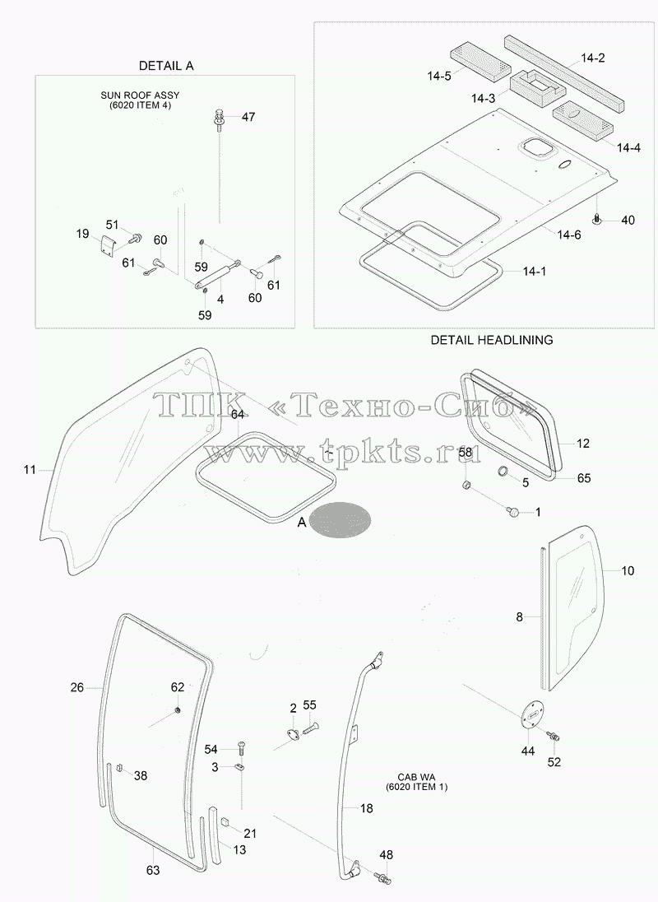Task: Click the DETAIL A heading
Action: (166, 66)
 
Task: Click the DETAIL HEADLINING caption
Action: (492, 340)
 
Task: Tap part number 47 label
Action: (248, 117)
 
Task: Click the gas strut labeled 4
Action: (217, 273)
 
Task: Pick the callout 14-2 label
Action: (592, 58)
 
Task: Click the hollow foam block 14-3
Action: (537, 86)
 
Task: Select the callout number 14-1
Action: (535, 271)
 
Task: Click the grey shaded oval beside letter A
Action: (340, 519)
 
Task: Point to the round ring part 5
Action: (504, 472)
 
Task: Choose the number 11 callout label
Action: (30, 470)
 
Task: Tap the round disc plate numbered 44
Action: (531, 714)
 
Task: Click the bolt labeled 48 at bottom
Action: (382, 877)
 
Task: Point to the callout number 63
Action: (153, 871)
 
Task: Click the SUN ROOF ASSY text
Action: (140, 95)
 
